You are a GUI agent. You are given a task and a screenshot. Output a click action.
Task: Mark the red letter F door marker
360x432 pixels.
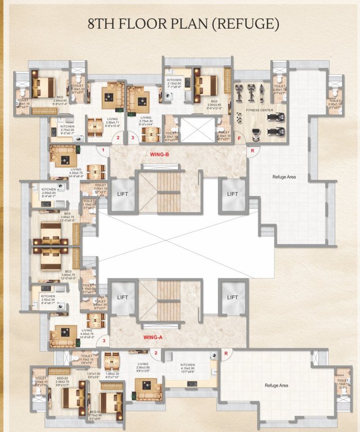tap(238, 137)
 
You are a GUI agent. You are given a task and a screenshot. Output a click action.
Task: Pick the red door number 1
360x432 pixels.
tap(103, 151)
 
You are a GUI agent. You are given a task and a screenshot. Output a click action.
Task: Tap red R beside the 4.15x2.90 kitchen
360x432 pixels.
tap(226, 354)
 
